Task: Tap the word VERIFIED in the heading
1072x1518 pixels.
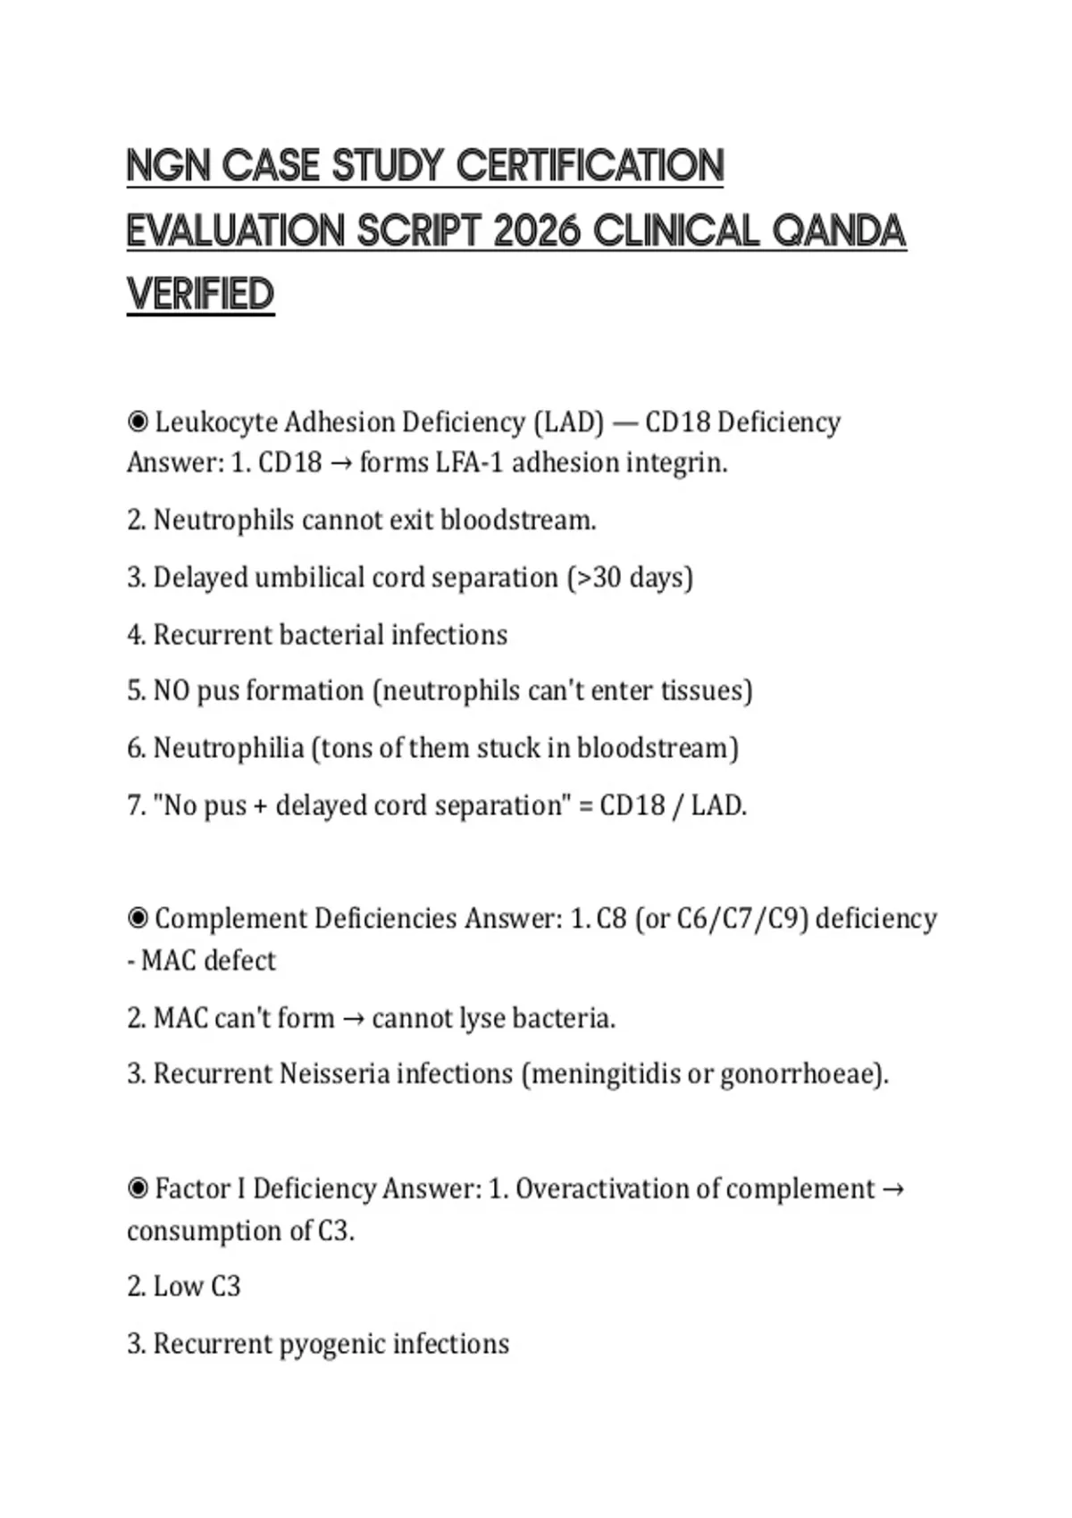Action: pyautogui.click(x=200, y=296)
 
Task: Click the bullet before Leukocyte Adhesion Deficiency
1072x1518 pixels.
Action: pyautogui.click(x=138, y=421)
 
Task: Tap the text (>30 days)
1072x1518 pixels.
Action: pyautogui.click(x=630, y=578)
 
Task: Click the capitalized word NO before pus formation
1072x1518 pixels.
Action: pyautogui.click(x=172, y=691)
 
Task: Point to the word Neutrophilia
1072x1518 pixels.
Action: pyautogui.click(x=229, y=748)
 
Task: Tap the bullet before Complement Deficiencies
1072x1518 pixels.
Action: pyautogui.click(x=138, y=919)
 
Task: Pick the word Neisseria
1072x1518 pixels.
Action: pyautogui.click(x=334, y=1073)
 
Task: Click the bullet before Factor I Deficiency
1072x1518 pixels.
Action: pyautogui.click(x=138, y=1189)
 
